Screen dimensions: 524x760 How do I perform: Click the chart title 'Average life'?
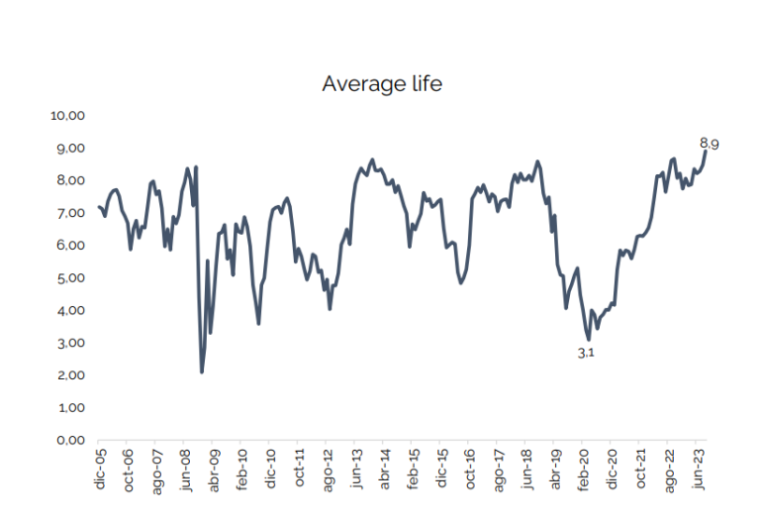click(x=381, y=84)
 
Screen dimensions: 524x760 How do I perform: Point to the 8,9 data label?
click(x=709, y=144)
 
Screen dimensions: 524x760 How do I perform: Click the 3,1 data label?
click(x=585, y=353)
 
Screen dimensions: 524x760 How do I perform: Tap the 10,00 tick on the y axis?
click(x=69, y=116)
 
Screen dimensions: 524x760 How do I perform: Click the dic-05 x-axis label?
click(x=100, y=469)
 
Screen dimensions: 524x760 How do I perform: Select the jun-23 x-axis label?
click(x=699, y=469)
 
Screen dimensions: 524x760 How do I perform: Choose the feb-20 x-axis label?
click(x=585, y=469)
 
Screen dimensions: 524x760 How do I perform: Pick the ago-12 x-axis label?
click(x=328, y=469)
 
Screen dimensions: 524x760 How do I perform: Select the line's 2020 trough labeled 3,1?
click(x=589, y=340)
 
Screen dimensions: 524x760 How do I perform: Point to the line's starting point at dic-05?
click(x=98, y=206)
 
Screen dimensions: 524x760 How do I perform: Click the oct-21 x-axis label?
click(x=642, y=469)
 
